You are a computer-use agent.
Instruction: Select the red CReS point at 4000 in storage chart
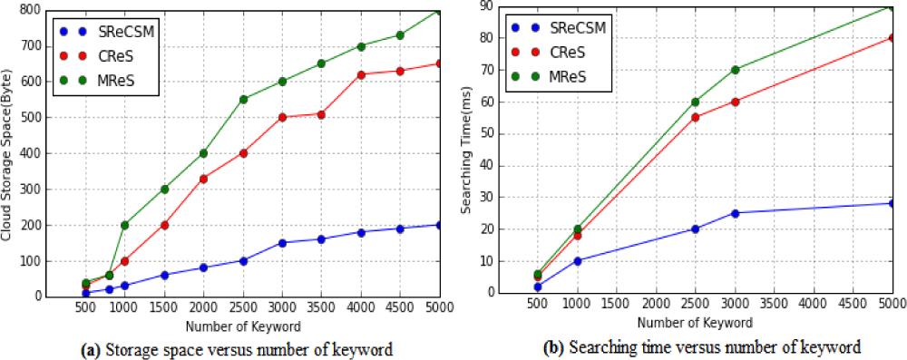[x=361, y=74]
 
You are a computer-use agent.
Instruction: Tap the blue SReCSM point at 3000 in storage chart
[x=282, y=243]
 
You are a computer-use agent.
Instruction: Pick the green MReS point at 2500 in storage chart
[x=243, y=99]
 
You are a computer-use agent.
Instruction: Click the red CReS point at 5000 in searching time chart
[x=892, y=38]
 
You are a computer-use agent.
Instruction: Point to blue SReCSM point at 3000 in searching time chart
[x=735, y=213]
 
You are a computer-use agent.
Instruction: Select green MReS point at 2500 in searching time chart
[x=695, y=102]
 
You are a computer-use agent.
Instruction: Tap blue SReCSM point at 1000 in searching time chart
[x=577, y=260]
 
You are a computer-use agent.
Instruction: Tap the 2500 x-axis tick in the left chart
[x=243, y=307]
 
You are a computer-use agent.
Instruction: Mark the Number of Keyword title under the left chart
[x=244, y=324]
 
